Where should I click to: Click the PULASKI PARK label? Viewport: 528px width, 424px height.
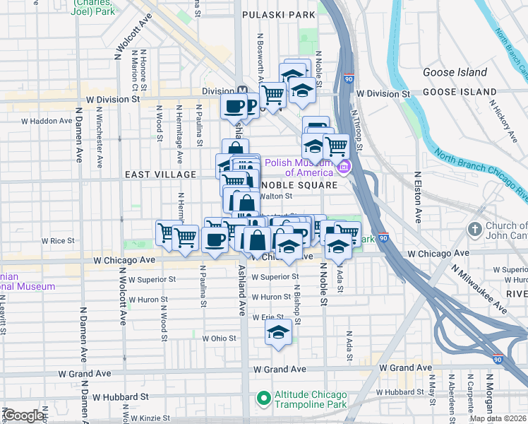click(x=277, y=14)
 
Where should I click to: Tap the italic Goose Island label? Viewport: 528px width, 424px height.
click(x=455, y=72)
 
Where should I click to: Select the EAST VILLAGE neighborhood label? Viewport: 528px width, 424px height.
click(x=160, y=175)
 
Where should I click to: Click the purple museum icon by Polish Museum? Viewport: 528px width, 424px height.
click(x=344, y=167)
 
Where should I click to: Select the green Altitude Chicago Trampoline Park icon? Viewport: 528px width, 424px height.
click(x=263, y=400)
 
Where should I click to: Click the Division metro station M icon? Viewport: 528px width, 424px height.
click(x=242, y=91)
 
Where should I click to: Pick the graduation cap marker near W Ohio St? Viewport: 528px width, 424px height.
click(x=279, y=332)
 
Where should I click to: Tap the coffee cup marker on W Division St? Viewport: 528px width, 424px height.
click(x=234, y=106)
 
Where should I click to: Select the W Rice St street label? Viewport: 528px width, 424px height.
click(x=58, y=241)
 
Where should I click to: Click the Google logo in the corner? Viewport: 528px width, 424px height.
click(x=23, y=416)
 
